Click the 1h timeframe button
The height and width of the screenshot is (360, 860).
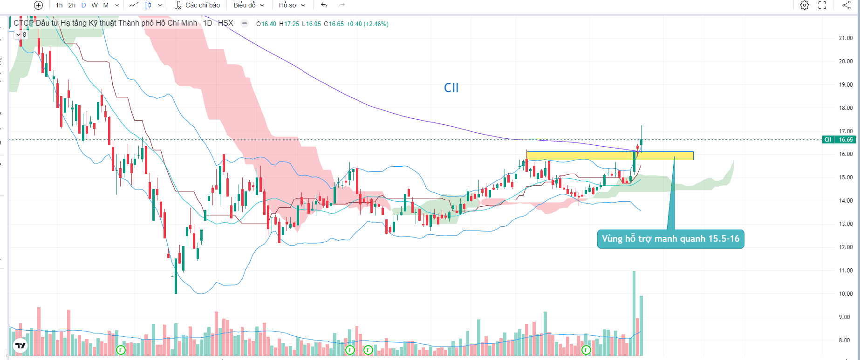tap(59, 5)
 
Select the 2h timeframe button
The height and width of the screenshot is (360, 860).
tap(72, 5)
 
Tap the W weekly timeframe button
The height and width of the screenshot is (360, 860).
tap(95, 5)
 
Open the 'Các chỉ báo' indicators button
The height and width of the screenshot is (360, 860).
tap(198, 5)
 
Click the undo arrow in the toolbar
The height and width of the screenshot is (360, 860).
tap(324, 5)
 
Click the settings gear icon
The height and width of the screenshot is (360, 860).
tap(805, 5)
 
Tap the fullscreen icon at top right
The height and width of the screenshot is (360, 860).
tap(822, 5)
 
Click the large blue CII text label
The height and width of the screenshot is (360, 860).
tap(451, 88)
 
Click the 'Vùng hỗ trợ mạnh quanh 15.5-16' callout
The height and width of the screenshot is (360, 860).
tap(670, 239)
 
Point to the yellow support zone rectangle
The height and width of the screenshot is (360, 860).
tap(609, 156)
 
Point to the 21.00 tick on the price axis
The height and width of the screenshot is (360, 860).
tap(846, 38)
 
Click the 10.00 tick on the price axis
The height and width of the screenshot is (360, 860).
tap(846, 294)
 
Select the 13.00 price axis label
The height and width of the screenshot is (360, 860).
tap(846, 224)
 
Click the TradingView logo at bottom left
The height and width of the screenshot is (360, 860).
tap(20, 346)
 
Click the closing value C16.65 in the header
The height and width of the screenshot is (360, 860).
tap(334, 24)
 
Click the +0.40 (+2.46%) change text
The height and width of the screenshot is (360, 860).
tap(368, 24)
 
